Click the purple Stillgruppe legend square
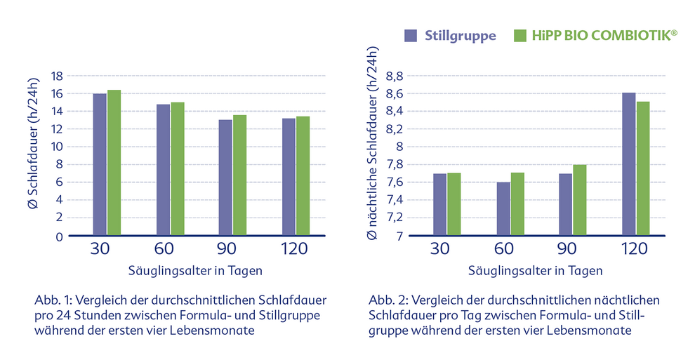point(411,36)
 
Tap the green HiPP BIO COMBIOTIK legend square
point(521,36)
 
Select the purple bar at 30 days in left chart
point(100,164)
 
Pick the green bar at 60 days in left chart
point(177,168)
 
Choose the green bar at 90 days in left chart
point(241,175)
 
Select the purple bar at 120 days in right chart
point(628,164)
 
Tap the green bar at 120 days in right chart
point(642,168)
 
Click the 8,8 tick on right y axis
point(393,76)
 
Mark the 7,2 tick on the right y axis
point(393,218)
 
